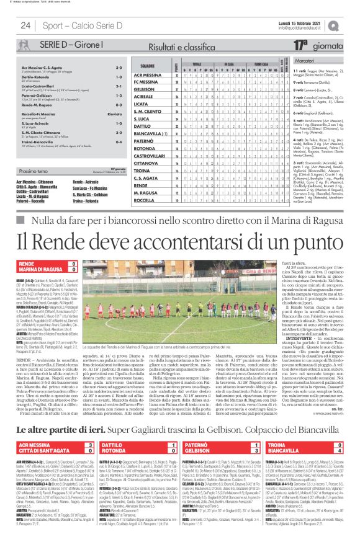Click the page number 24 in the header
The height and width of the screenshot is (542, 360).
tap(27, 25)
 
